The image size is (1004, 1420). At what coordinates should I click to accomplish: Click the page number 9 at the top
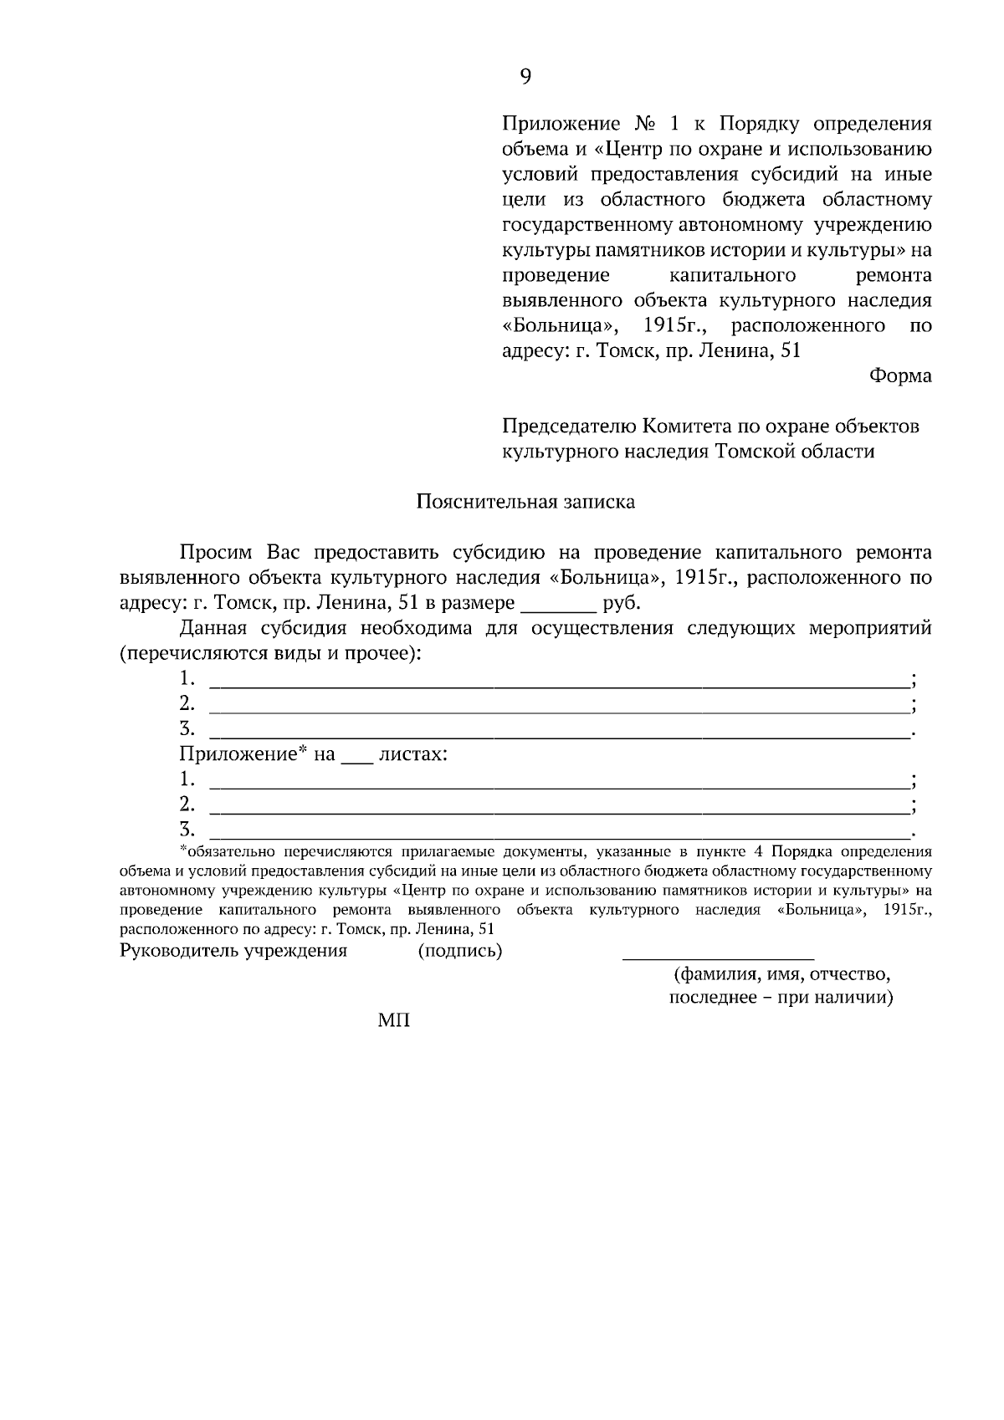click(525, 76)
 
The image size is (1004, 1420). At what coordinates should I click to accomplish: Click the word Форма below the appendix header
click(900, 375)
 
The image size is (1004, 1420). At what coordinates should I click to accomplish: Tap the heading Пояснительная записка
click(525, 502)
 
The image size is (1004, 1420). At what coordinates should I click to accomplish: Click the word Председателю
click(569, 427)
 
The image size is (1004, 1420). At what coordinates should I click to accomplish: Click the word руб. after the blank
click(621, 603)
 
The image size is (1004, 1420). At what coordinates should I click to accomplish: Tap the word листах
click(413, 754)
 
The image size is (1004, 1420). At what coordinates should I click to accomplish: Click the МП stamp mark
click(394, 1020)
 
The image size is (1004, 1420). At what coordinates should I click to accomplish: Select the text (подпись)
click(460, 951)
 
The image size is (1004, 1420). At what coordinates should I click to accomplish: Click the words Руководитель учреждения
click(233, 951)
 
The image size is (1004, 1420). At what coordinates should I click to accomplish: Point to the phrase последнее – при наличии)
click(781, 999)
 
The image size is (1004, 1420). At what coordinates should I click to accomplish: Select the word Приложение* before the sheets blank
click(243, 754)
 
